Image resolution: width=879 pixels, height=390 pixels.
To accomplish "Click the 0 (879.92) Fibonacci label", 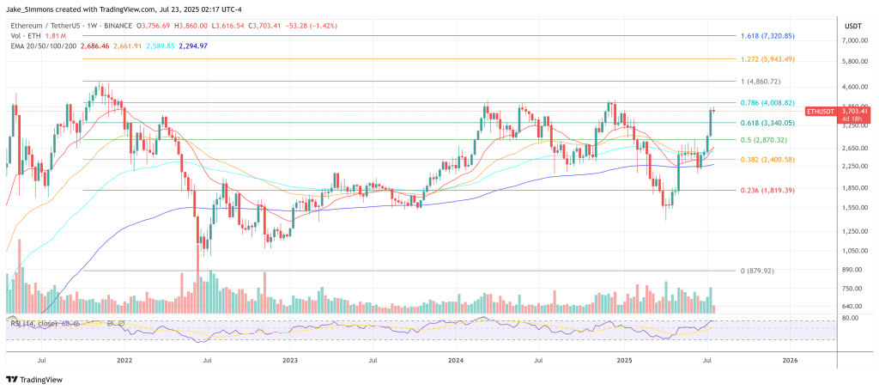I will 756,271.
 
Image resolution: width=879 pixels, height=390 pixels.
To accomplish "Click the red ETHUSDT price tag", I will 824,112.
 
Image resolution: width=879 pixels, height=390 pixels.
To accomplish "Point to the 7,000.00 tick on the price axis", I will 856,40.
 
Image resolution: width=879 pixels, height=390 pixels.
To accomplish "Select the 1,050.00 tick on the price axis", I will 856,251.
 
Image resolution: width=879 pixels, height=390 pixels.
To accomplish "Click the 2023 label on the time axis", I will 289,362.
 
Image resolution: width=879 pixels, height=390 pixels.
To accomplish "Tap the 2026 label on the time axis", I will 790,362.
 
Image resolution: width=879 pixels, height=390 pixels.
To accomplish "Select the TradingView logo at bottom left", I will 34,379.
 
